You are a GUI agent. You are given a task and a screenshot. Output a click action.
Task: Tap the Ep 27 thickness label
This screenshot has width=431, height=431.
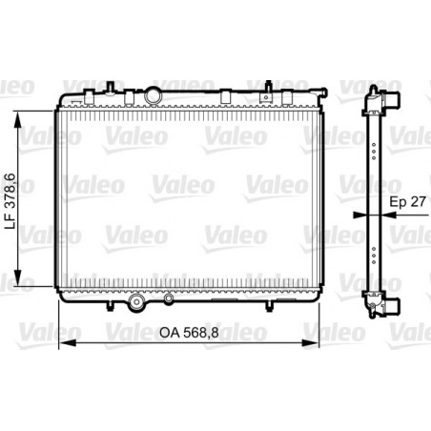tap(405, 202)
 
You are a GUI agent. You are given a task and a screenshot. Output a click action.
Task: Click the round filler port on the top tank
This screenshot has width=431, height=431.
tap(154, 95)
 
